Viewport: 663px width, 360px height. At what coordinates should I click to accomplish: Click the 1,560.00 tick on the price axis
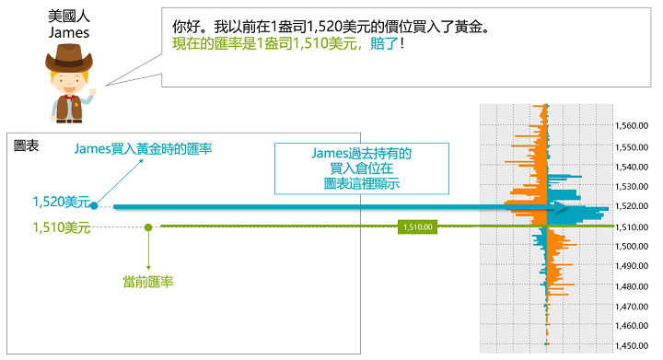click(634, 126)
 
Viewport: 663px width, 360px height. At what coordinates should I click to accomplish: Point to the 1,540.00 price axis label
click(634, 167)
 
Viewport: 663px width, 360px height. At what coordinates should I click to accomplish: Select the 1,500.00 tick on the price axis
click(634, 246)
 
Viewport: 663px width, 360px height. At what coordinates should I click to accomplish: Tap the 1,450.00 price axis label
click(634, 345)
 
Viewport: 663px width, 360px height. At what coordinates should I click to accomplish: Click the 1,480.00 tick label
click(634, 285)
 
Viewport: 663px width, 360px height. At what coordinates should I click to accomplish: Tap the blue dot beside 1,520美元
click(94, 205)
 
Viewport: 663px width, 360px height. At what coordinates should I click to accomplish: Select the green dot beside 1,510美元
click(148, 226)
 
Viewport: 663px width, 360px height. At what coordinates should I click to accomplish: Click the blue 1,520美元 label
click(60, 201)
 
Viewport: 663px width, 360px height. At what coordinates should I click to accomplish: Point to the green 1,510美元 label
click(60, 227)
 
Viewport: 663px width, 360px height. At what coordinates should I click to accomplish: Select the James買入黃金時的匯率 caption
click(143, 148)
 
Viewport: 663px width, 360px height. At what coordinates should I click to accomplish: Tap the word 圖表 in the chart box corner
click(27, 145)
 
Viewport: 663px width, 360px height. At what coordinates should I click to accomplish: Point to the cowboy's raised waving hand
click(91, 95)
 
